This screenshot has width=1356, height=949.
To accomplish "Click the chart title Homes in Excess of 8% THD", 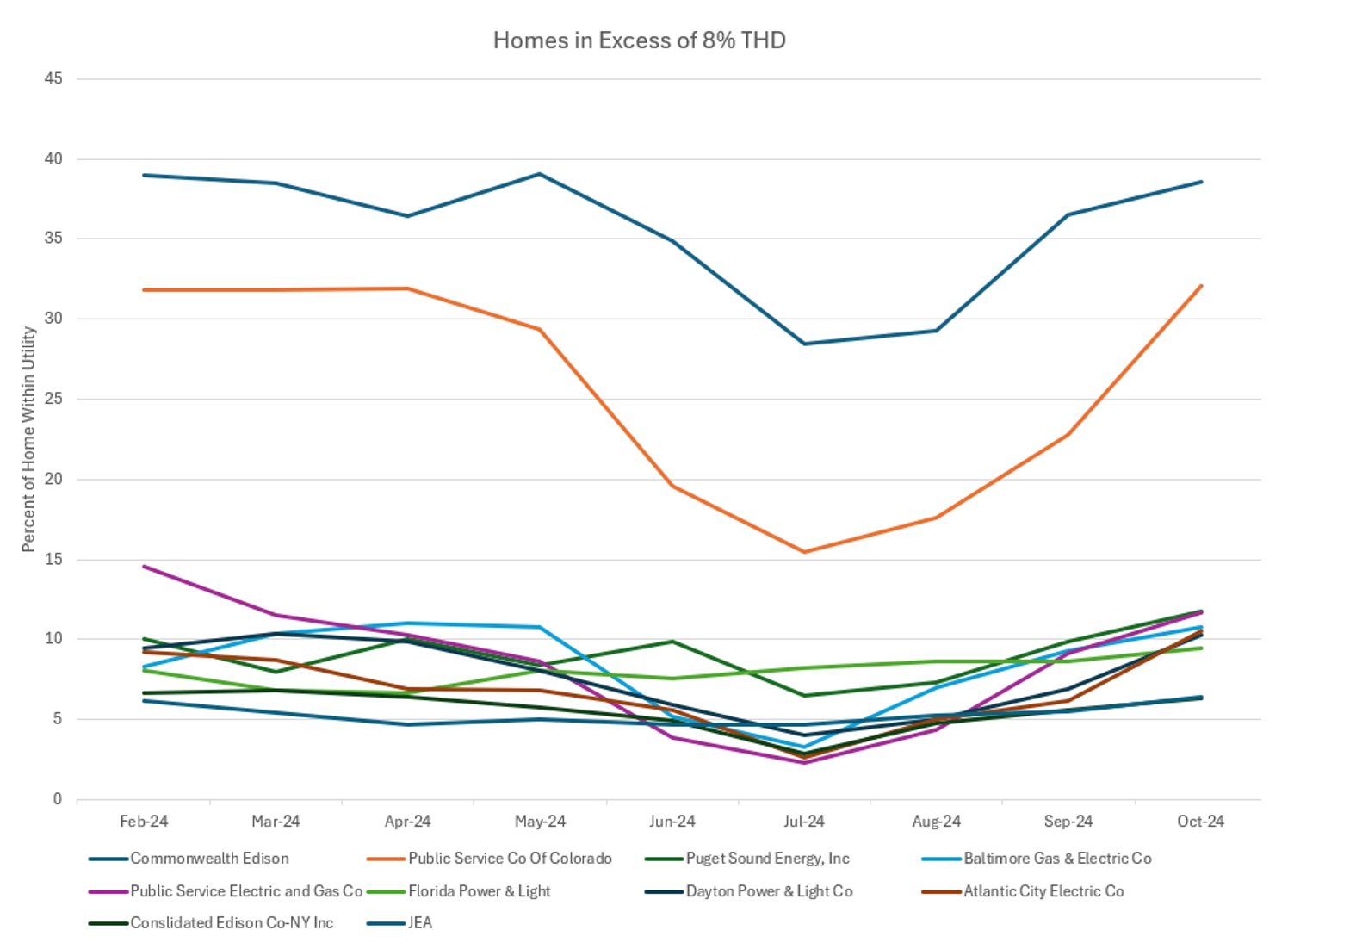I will pyautogui.click(x=639, y=40).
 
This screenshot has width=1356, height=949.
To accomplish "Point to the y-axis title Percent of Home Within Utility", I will pyautogui.click(x=28, y=439).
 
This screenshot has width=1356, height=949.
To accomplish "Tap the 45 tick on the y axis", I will pyautogui.click(x=53, y=78).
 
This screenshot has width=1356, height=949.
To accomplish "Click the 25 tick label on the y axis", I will pyautogui.click(x=53, y=399).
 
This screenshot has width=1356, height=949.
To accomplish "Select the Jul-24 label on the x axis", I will pyautogui.click(x=803, y=822).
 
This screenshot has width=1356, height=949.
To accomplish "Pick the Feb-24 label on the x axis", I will pyautogui.click(x=144, y=822).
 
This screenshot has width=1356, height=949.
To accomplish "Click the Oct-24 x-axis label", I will pyautogui.click(x=1200, y=822).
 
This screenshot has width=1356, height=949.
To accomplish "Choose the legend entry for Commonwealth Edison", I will pyautogui.click(x=209, y=859).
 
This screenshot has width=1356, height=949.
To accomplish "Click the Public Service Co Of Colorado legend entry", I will pyautogui.click(x=510, y=859).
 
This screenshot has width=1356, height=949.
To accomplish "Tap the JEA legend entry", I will pyautogui.click(x=420, y=923).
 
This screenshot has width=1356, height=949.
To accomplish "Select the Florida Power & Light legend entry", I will pyautogui.click(x=479, y=891).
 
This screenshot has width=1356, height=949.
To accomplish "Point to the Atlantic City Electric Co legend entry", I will pyautogui.click(x=1043, y=891).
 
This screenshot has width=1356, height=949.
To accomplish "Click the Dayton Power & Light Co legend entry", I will pyautogui.click(x=769, y=891).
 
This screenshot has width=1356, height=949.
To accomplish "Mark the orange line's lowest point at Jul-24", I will pyautogui.click(x=804, y=552).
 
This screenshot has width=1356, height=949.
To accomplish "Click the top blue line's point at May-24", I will pyautogui.click(x=540, y=174).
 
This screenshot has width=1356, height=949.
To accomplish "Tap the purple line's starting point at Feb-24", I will pyautogui.click(x=144, y=567).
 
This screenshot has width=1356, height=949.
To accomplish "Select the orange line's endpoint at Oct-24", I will pyautogui.click(x=1201, y=286).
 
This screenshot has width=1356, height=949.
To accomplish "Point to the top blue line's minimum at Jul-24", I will pyautogui.click(x=804, y=344).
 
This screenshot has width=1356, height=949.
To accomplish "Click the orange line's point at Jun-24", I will pyautogui.click(x=672, y=487).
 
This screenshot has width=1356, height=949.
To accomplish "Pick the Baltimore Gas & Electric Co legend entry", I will pyautogui.click(x=1057, y=859).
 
